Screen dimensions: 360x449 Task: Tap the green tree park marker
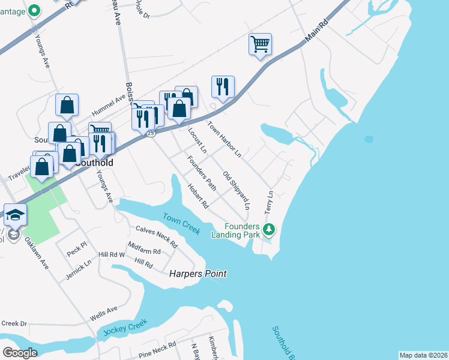click(270, 229)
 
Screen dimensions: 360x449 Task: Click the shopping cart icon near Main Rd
click(261, 44)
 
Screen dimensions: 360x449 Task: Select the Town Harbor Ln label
click(224, 140)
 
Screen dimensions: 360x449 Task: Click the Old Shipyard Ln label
click(236, 190)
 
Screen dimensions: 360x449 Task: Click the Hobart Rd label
click(197, 196)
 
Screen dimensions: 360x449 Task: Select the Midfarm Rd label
click(143, 248)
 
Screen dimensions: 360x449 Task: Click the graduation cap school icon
click(14, 214)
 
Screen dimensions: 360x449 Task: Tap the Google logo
click(20, 353)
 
